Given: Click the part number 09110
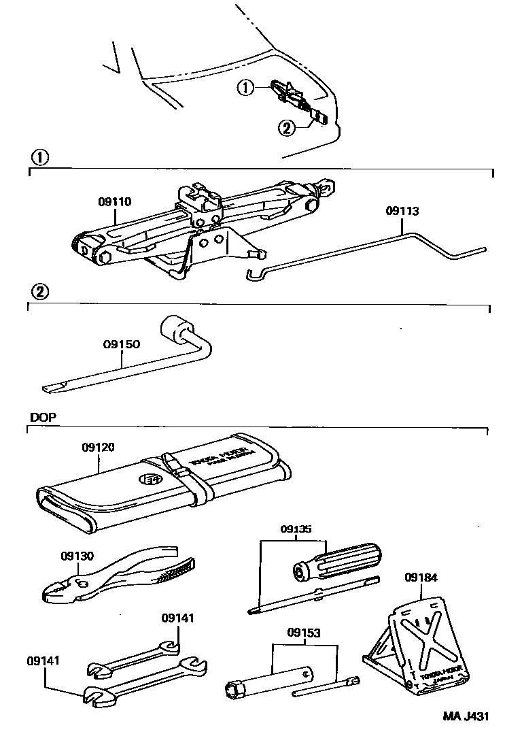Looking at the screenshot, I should pos(115,201).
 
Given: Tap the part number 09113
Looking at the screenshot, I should pos(402,211).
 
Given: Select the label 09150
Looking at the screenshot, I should pos(122,344).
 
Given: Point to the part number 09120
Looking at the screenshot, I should pos(98,447).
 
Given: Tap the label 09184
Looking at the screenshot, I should pos(421,578).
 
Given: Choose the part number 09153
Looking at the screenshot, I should pos(303,632).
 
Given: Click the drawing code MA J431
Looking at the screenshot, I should pos(466,716).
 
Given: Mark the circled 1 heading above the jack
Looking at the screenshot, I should pos(40,157).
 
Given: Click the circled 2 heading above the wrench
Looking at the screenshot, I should pos(40,292).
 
